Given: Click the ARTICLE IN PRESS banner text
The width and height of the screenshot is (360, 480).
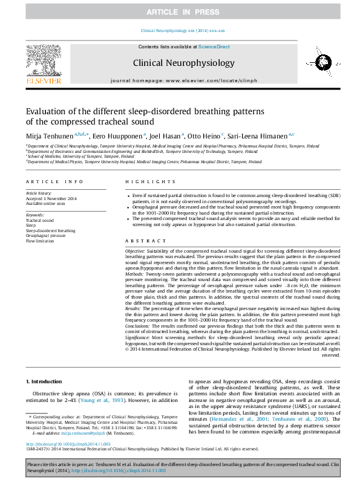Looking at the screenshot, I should [180, 12].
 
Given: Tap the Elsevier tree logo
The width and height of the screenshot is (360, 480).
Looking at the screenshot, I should [44, 63].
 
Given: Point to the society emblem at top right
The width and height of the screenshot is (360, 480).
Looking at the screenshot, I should [316, 63].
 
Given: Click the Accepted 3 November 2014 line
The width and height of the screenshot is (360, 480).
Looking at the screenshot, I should [51, 198].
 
